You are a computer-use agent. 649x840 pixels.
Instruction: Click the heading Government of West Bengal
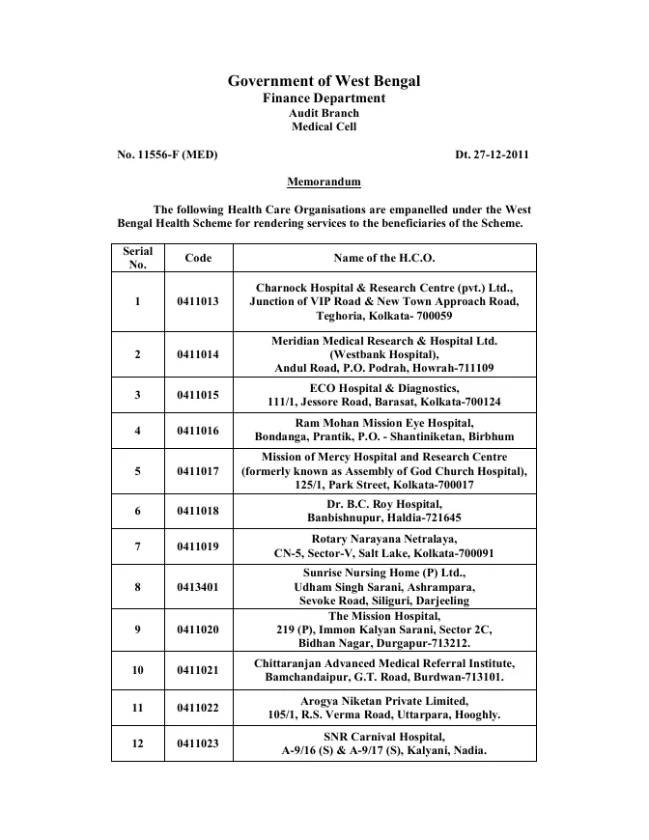pos(324,81)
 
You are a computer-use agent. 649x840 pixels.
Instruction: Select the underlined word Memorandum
pos(324,182)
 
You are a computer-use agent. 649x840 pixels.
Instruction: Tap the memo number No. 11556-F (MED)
pos(167,154)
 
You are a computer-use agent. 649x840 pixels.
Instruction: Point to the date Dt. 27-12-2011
pos(492,154)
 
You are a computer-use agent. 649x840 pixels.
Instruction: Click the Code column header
pos(198,258)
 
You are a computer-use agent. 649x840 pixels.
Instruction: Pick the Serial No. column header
pos(137,258)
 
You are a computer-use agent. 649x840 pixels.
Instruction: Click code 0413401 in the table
pos(198,586)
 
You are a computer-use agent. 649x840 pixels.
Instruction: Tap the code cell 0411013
pos(198,301)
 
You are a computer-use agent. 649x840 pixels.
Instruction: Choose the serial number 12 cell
pos(137,743)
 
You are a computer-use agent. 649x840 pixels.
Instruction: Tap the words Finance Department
pos(324,98)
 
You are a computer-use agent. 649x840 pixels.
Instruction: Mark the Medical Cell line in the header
pos(324,126)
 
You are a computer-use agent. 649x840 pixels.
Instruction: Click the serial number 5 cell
pos(137,471)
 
